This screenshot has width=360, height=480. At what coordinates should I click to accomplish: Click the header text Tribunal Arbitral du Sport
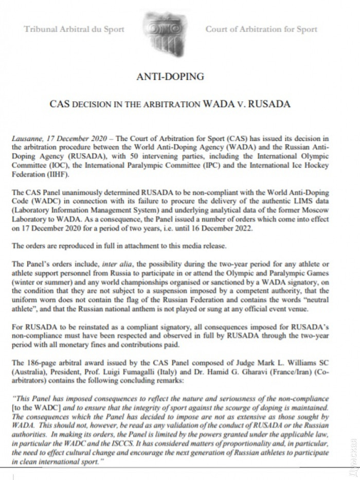pos(74,29)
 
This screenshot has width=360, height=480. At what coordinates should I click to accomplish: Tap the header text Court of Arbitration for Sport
pos(261,29)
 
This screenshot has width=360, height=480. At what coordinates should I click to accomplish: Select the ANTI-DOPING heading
pos(171,77)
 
